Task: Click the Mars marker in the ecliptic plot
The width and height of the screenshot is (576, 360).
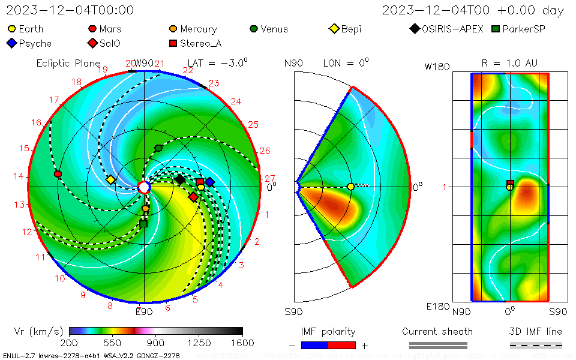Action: (x=58, y=174)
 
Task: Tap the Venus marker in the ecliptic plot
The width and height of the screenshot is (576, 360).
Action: (x=158, y=148)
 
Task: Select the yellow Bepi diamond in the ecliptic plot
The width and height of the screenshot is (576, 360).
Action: (x=110, y=179)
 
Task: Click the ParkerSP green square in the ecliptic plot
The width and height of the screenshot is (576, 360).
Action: (x=143, y=224)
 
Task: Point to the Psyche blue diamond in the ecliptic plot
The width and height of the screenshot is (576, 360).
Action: (x=210, y=182)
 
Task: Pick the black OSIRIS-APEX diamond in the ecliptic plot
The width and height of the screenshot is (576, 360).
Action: (x=180, y=179)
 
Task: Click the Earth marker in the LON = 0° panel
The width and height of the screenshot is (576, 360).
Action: (x=350, y=187)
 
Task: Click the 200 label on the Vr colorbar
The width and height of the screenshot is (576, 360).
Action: (x=70, y=343)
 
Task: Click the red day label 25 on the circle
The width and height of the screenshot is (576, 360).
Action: (x=253, y=125)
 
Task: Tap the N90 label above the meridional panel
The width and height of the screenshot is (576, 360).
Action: (x=293, y=63)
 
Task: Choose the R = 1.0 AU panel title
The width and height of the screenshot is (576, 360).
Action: (x=509, y=63)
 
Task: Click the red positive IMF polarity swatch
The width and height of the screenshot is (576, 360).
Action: (x=342, y=345)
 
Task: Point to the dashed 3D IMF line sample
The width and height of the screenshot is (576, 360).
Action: (x=536, y=345)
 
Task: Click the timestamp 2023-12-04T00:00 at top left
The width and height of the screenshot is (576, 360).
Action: (x=70, y=10)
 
